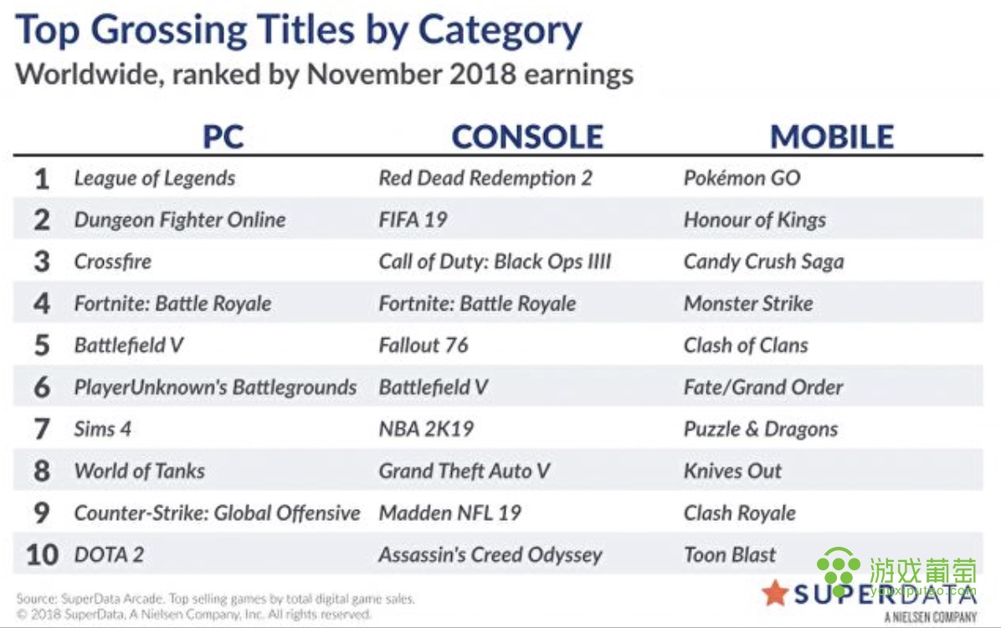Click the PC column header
point(223,136)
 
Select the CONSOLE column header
point(527,136)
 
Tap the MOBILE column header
point(832,136)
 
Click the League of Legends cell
point(155,178)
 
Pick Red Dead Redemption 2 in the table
point(485,178)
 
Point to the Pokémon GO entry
point(742,178)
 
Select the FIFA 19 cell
point(413,219)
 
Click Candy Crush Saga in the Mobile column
point(763,261)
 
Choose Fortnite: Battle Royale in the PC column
point(172,303)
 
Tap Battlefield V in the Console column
point(433,387)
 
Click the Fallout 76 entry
point(423,345)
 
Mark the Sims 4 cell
point(102,429)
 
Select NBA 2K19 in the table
point(426,429)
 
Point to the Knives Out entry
point(732,471)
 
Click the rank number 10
point(42,554)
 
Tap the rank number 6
point(42,387)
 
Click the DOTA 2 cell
point(109,554)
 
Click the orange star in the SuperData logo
point(775,593)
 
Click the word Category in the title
point(500,31)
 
